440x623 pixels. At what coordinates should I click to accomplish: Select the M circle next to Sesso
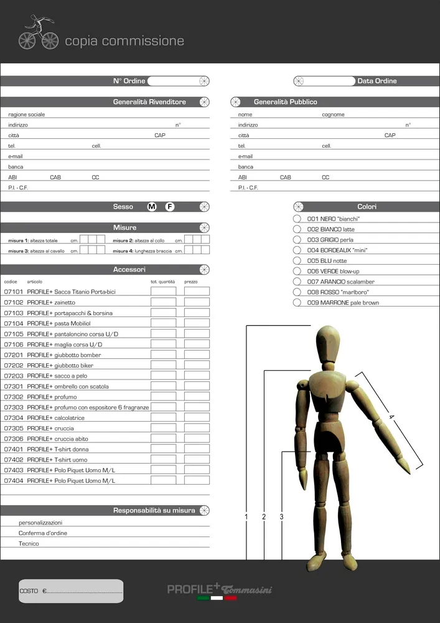(152, 207)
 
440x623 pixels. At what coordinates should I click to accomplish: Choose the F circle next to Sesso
(170, 207)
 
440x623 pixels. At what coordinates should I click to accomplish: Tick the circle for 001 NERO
(297, 219)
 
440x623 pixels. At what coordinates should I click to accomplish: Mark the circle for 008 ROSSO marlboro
(297, 292)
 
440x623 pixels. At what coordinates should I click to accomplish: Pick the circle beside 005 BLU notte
(297, 260)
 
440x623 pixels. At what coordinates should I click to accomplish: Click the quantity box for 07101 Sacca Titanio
(164, 292)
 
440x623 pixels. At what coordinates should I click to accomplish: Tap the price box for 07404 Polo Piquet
(197, 481)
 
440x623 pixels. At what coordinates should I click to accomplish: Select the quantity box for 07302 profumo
(164, 397)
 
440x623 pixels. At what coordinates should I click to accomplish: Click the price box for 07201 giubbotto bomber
(197, 355)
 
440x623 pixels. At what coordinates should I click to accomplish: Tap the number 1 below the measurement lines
(246, 517)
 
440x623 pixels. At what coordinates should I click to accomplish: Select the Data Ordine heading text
(377, 81)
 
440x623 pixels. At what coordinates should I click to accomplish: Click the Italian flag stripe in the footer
(217, 598)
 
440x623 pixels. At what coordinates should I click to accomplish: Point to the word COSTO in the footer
(29, 591)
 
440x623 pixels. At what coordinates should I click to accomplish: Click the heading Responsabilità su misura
(154, 511)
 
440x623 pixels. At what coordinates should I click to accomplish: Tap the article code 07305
(14, 429)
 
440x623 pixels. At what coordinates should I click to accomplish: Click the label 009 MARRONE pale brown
(343, 303)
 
